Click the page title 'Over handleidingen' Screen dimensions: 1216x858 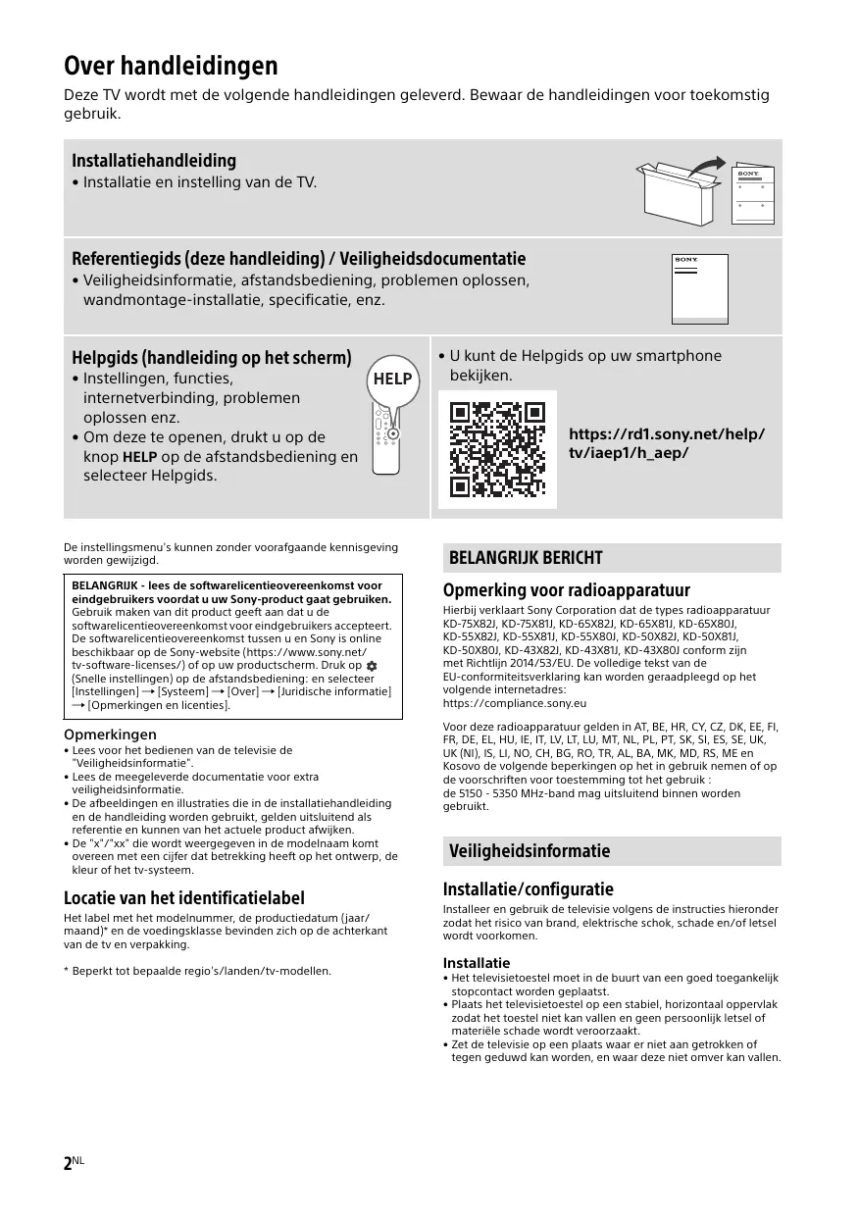click(171, 66)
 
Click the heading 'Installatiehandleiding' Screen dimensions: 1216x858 click(154, 160)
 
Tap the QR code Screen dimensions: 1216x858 click(496, 449)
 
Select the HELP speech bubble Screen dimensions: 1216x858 click(392, 380)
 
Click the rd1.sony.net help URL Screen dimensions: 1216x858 click(667, 443)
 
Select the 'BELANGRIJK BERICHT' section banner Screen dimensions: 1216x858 click(526, 558)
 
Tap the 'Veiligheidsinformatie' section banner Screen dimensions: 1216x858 click(530, 851)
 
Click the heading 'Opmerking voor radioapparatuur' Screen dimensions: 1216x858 click(567, 590)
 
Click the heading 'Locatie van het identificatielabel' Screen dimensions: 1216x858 click(184, 897)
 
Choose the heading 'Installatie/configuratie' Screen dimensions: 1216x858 click(529, 889)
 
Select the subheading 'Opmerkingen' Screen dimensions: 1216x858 click(110, 735)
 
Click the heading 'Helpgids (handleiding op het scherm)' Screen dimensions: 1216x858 click(212, 357)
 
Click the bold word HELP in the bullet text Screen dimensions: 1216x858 click(139, 457)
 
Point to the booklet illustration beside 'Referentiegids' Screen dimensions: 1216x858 click(700, 289)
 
